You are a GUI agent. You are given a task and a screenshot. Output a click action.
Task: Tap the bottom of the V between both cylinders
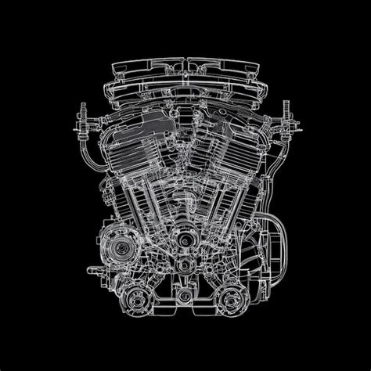pos(185,196)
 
